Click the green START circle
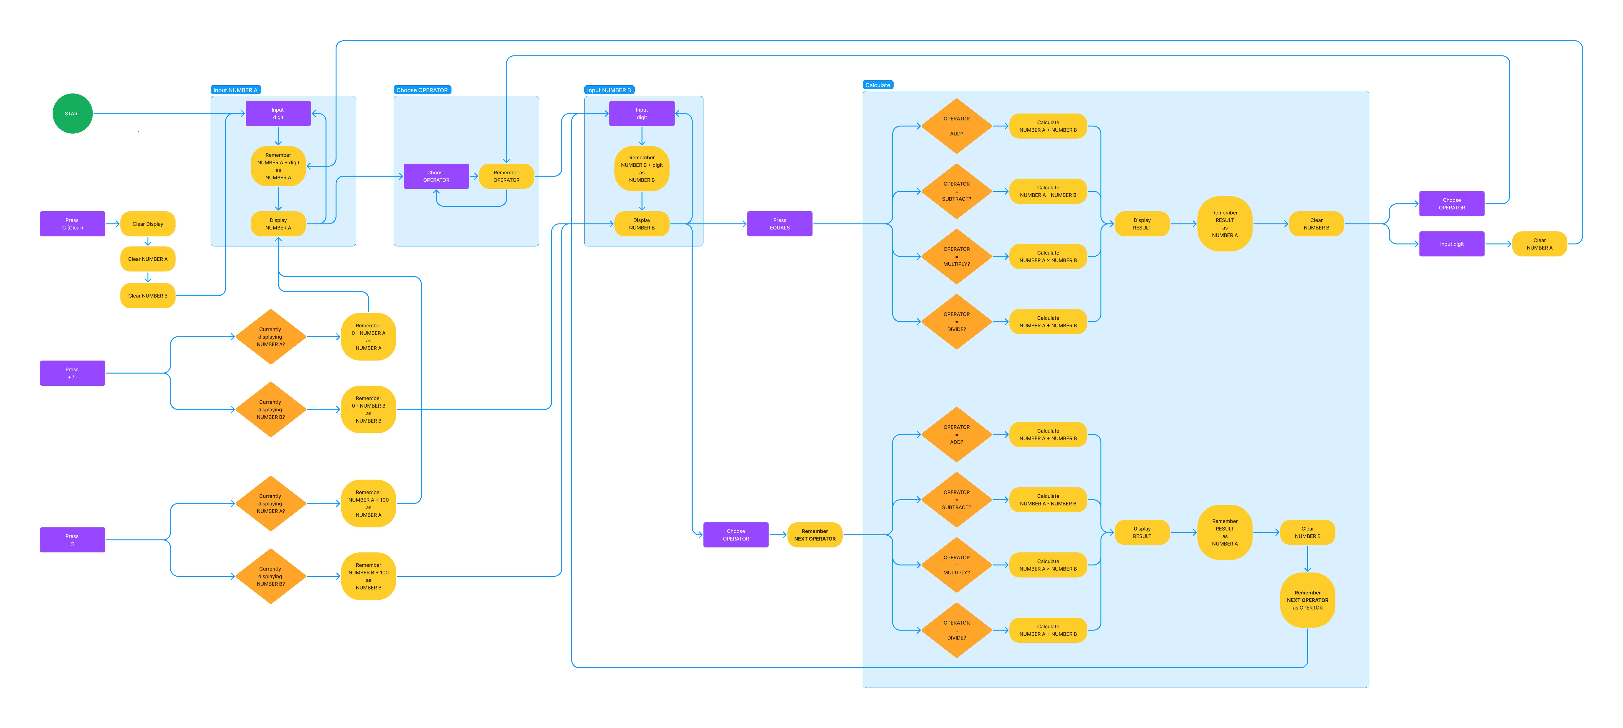tap(73, 114)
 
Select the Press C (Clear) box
tap(73, 224)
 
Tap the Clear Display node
tap(147, 224)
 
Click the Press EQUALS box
tap(779, 224)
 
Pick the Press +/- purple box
tap(73, 373)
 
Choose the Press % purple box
tap(73, 540)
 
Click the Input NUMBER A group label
tap(235, 90)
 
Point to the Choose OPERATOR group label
tap(422, 90)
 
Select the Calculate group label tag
tap(878, 85)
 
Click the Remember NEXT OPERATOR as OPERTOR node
tap(1307, 600)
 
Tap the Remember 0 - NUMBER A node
tap(369, 337)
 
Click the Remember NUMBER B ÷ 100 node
tap(369, 576)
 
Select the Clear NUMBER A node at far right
tap(1539, 244)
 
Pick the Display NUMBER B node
tap(641, 224)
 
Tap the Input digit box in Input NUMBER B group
tap(641, 114)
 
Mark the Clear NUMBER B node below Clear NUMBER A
tap(147, 296)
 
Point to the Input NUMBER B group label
tap(609, 90)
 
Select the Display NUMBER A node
tap(278, 224)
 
